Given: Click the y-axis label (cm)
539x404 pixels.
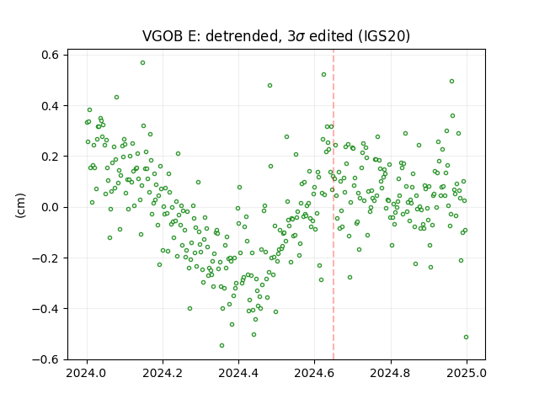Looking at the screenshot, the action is [x=20, y=205].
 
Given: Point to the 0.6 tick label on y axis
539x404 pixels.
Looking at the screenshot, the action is [x=51, y=55].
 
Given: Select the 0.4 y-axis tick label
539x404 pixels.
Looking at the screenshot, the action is [x=51, y=106].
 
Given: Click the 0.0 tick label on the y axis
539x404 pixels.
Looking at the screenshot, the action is [x=51, y=208].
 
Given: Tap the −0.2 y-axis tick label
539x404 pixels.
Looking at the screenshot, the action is [x=46, y=258].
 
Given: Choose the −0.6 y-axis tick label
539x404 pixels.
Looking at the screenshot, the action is [x=46, y=359].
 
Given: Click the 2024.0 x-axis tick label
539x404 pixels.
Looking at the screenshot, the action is [x=87, y=373].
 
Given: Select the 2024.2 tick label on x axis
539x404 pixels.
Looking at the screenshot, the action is [x=163, y=373].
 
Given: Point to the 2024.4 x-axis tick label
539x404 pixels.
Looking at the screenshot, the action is [x=238, y=373].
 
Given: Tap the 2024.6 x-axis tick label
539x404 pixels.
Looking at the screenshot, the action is [x=314, y=373].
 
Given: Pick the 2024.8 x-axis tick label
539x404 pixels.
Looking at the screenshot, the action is [x=391, y=373].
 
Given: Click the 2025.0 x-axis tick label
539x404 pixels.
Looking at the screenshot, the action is [x=467, y=373].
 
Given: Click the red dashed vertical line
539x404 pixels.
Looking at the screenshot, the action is [x=334, y=205].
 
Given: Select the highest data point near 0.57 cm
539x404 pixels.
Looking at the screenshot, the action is [x=142, y=63].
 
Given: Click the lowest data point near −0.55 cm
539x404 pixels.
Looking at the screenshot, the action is [x=221, y=346].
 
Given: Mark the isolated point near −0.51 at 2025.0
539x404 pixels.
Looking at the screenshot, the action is [x=466, y=338].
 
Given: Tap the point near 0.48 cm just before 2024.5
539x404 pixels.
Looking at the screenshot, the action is [x=269, y=86].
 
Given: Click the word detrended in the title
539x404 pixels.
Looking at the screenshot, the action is [x=243, y=36].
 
